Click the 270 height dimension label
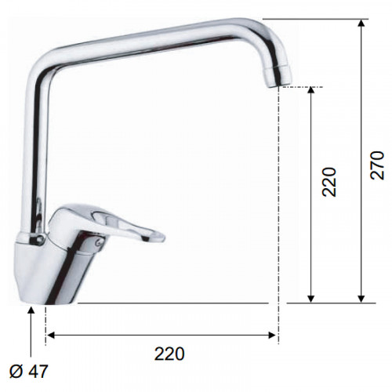click(x=378, y=165)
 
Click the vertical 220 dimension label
click(x=328, y=182)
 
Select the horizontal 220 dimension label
click(x=169, y=354)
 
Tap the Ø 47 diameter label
click(x=29, y=371)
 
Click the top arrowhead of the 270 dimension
click(x=361, y=23)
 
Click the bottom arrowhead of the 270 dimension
click(x=361, y=299)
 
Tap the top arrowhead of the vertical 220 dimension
click(x=310, y=90)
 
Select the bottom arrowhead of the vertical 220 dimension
click(x=310, y=299)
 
